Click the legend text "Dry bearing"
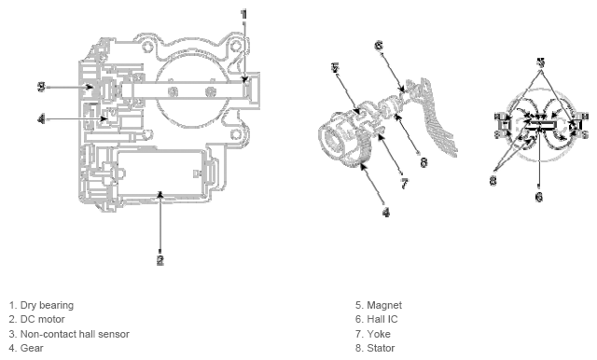pyautogui.click(x=47, y=305)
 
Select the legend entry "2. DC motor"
pyautogui.click(x=36, y=319)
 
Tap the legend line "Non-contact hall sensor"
pyautogui.click(x=75, y=334)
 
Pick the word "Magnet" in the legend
pyautogui.click(x=384, y=305)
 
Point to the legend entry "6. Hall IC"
pyautogui.click(x=377, y=319)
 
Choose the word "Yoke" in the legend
pyautogui.click(x=379, y=334)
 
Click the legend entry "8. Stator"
pyautogui.click(x=375, y=348)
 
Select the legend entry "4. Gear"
pyautogui.click(x=26, y=348)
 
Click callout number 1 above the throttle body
pyautogui.click(x=244, y=15)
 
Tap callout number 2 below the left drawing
pyautogui.click(x=160, y=260)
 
